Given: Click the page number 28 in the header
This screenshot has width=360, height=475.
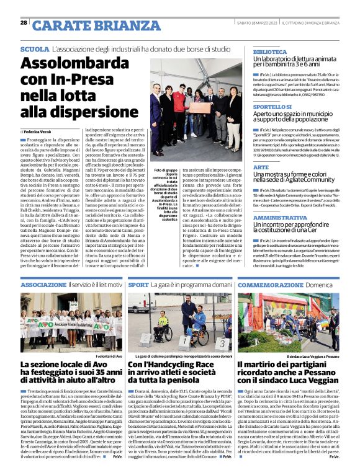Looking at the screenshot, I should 24,22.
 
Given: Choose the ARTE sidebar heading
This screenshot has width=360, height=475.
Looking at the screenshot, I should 261,150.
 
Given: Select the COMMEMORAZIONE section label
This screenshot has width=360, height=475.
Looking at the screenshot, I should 276,284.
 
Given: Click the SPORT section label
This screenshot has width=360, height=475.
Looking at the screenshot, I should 138,284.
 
